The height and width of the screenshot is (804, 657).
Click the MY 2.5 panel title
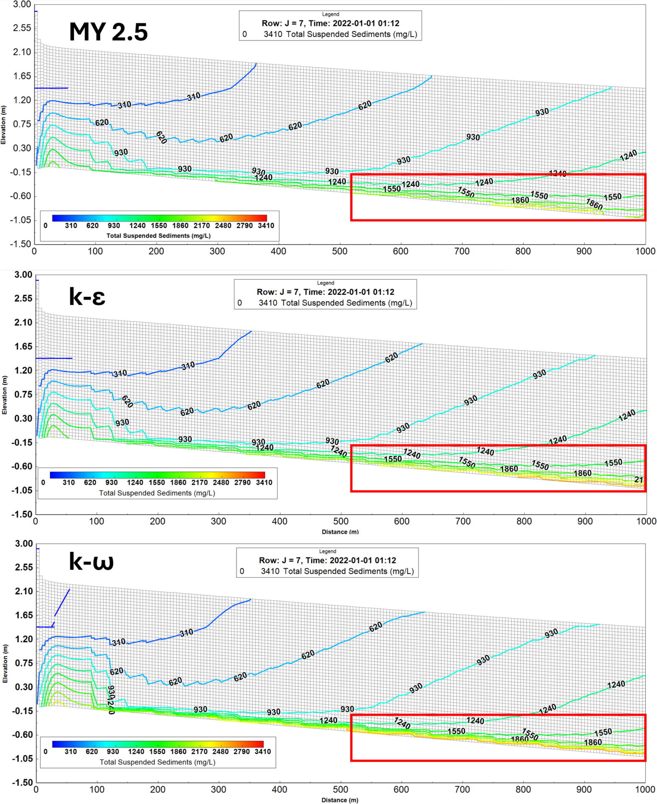coord(108,32)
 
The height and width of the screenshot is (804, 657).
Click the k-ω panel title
coord(91,561)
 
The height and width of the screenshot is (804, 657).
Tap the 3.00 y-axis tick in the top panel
coord(22,5)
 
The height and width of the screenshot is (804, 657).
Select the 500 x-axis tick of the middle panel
coord(340,521)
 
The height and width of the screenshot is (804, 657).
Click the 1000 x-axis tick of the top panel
coord(645,251)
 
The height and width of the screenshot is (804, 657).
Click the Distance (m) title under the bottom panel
coord(340,800)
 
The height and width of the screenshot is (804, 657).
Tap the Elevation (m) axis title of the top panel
coord(4,125)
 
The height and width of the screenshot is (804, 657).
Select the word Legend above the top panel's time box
coord(330,14)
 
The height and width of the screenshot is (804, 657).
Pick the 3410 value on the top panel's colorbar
coord(266,226)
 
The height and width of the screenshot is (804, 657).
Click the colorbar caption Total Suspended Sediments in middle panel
coord(157,493)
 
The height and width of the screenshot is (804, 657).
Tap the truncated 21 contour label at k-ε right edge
coord(639,479)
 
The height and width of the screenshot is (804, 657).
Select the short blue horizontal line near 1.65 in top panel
coord(51,88)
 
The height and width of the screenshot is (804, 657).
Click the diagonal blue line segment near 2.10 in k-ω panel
coord(62,603)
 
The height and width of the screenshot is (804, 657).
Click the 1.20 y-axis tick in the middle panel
coord(23,371)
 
